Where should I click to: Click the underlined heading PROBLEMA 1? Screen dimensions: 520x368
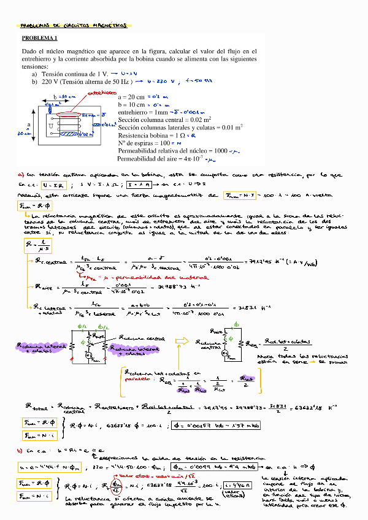point(39,38)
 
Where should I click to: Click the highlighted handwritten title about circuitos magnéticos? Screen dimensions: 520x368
point(74,26)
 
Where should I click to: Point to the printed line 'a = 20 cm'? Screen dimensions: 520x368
point(131,97)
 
